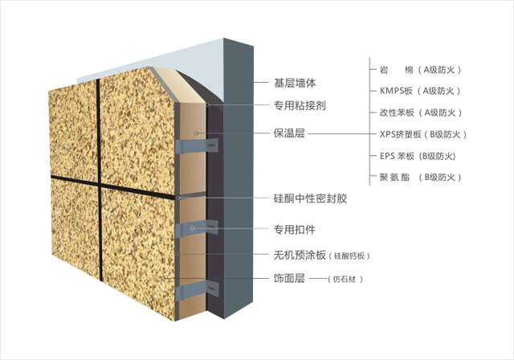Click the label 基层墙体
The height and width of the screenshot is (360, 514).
coord(295,83)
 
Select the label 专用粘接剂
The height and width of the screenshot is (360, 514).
coord(300,105)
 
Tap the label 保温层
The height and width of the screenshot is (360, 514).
coord(289,133)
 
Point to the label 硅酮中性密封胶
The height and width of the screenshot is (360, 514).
coord(310,198)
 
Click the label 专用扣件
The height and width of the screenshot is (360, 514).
coord(295,230)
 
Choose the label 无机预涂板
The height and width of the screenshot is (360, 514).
coord(300,255)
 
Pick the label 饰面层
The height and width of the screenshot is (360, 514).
coord(289,278)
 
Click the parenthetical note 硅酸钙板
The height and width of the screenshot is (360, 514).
coord(349,256)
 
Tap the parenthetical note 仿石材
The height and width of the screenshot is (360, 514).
coord(345,280)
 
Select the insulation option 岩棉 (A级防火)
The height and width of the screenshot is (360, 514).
coord(421,70)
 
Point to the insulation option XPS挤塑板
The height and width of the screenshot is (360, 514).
coord(400,134)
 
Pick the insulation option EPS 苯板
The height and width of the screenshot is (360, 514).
coord(397,156)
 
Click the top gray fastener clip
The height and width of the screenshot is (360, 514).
coord(197,146)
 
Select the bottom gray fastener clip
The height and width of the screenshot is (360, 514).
coord(197,290)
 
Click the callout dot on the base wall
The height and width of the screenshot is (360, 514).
coord(240,82)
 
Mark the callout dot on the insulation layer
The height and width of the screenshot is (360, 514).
coord(196,133)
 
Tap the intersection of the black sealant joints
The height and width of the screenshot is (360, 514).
coord(99,184)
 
